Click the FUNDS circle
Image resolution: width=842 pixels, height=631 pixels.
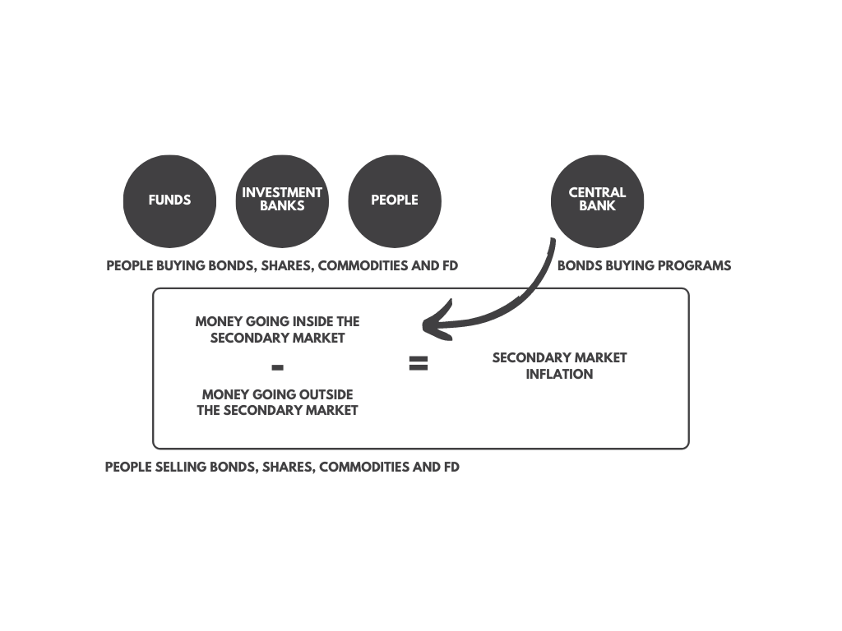[x=169, y=201]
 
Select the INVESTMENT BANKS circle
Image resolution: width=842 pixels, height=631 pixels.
[x=282, y=201]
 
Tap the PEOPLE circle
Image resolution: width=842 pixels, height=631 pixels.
[x=395, y=201]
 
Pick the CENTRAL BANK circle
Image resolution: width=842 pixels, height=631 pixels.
[x=597, y=201]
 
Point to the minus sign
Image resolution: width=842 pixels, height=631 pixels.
[x=277, y=367]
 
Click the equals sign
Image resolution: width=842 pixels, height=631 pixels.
[x=419, y=363]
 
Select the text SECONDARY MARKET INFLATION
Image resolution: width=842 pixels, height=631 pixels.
[x=559, y=366]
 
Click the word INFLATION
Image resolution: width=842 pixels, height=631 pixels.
[x=559, y=374]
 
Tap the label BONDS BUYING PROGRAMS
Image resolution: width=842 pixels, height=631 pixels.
[x=645, y=265]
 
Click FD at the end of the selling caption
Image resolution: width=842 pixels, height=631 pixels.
[x=451, y=467]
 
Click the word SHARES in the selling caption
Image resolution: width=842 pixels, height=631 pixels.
[x=289, y=467]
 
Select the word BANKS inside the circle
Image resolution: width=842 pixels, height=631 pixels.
[x=282, y=205]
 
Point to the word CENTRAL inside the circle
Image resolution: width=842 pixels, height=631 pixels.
[x=597, y=192]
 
